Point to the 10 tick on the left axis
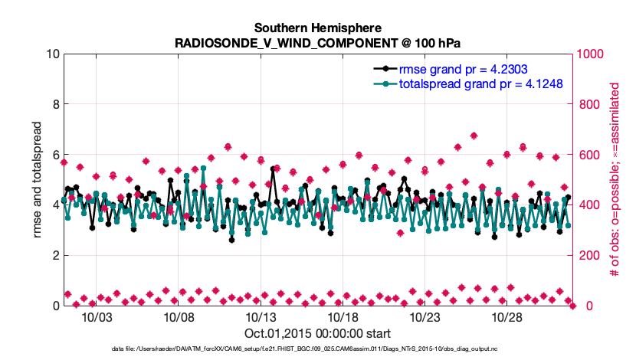tap(52, 54)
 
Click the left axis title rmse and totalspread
tap(38, 180)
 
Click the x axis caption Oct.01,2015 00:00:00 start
tap(318, 334)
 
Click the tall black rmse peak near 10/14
tap(273, 168)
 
